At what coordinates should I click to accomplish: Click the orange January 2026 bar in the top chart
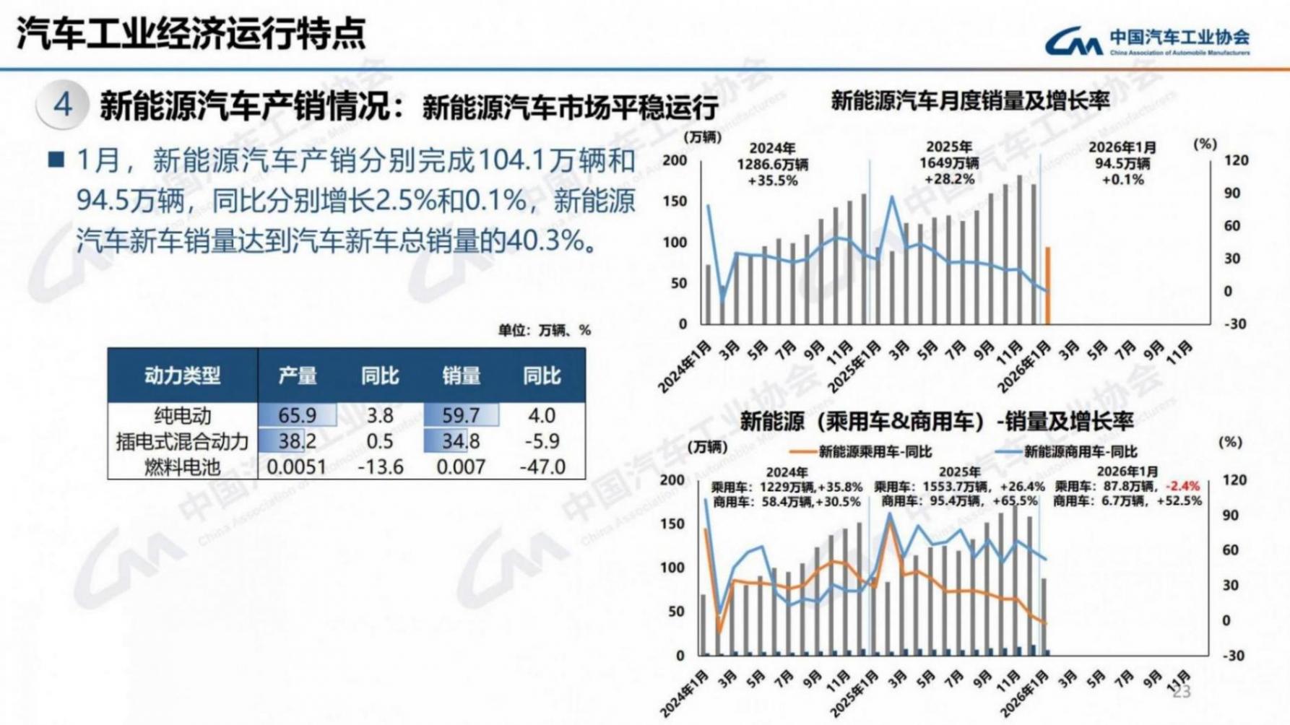pos(1047,286)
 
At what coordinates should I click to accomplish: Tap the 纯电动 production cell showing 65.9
pos(298,415)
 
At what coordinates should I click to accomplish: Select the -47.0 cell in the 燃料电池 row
pos(542,467)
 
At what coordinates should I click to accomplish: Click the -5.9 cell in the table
pos(542,441)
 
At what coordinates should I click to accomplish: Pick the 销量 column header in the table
pos(461,375)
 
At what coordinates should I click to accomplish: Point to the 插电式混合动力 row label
pos(182,441)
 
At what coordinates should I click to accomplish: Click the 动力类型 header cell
pos(182,375)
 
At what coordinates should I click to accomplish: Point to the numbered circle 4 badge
pos(63,105)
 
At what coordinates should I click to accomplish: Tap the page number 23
pos(1182,692)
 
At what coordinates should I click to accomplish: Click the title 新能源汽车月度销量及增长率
pos(969,101)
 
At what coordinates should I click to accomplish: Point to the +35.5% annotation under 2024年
pos(772,181)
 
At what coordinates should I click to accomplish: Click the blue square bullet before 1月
pos(56,160)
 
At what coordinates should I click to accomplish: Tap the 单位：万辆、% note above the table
pos(544,331)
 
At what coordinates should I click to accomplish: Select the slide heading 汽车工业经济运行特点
pos(191,33)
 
